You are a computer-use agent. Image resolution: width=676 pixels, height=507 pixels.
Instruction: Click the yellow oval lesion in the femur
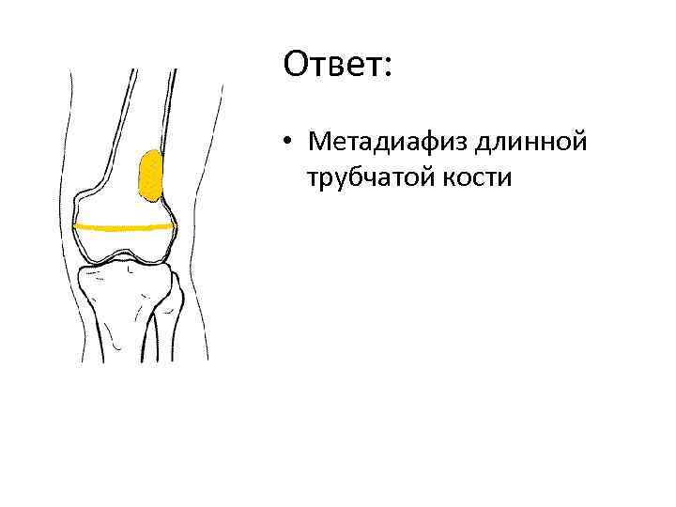[x=150, y=176]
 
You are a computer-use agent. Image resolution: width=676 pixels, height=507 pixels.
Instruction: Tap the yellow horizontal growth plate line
[x=124, y=226]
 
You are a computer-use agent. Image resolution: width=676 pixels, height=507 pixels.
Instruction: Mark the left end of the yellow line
[x=76, y=226]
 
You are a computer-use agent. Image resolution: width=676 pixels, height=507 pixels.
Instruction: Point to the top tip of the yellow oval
[x=149, y=151]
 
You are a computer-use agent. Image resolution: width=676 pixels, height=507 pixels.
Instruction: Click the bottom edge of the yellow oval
[x=151, y=200]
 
